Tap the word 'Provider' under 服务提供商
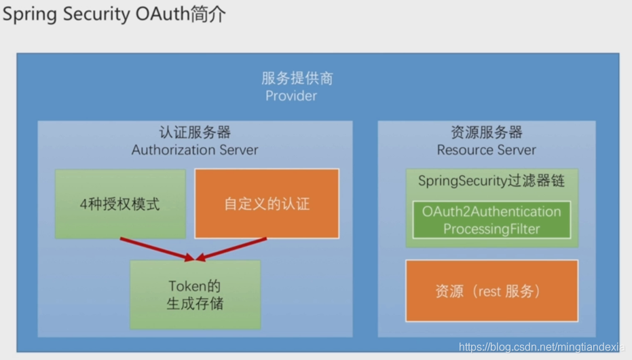[x=291, y=96]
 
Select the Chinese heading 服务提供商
[x=297, y=78]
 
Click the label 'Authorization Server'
[x=195, y=149]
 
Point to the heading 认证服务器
[x=195, y=132]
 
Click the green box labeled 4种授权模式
[x=120, y=204]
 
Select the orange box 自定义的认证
[x=267, y=204]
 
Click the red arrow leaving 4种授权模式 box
[x=156, y=249]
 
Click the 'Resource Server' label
[x=486, y=150]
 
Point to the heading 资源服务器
[x=486, y=132]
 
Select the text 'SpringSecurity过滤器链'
[x=491, y=181]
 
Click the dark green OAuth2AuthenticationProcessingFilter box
[x=491, y=219]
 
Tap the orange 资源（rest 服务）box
[x=491, y=291]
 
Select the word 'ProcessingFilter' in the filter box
[x=491, y=229]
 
